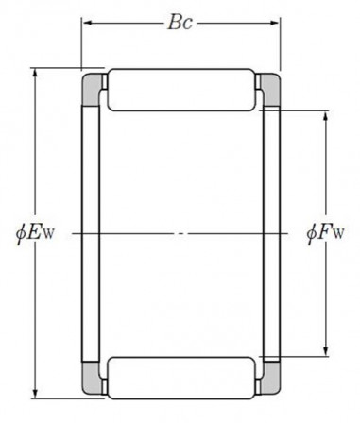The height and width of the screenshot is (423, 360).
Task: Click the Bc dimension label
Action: (180, 23)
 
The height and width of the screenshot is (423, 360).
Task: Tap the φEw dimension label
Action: (35, 233)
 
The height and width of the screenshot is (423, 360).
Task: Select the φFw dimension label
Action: (325, 233)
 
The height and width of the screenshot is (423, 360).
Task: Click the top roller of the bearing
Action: (181, 90)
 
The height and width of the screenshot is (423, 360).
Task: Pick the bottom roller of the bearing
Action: (181, 378)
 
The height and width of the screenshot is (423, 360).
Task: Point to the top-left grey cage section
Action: (91, 89)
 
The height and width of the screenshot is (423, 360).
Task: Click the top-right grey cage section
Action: (271, 89)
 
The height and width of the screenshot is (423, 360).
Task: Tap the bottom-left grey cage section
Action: (91, 379)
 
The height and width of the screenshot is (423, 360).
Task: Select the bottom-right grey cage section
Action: (271, 379)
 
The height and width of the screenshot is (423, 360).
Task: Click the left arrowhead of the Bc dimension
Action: (87, 23)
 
